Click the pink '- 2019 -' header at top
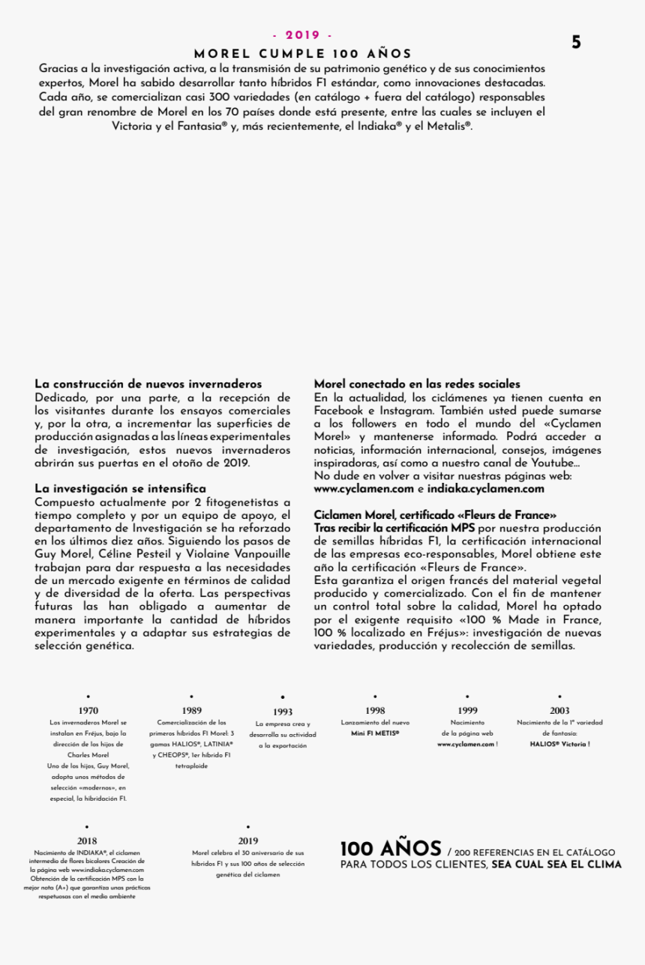point(302,35)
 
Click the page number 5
point(576,43)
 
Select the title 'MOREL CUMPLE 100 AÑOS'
point(302,54)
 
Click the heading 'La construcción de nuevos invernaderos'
point(148,384)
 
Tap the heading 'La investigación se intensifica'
point(120,489)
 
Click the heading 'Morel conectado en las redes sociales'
point(417,384)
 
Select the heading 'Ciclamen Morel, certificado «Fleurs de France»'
point(435,515)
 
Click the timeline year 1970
point(88,711)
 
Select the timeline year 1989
point(191,711)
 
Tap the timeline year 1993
point(283,712)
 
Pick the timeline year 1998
point(375,711)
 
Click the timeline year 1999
point(467,711)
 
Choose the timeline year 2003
point(559,711)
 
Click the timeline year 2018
point(87,841)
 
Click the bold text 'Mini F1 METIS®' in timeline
point(375,733)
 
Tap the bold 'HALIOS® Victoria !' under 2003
point(559,744)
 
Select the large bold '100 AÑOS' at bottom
point(390,850)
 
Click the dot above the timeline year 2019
point(247,827)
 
